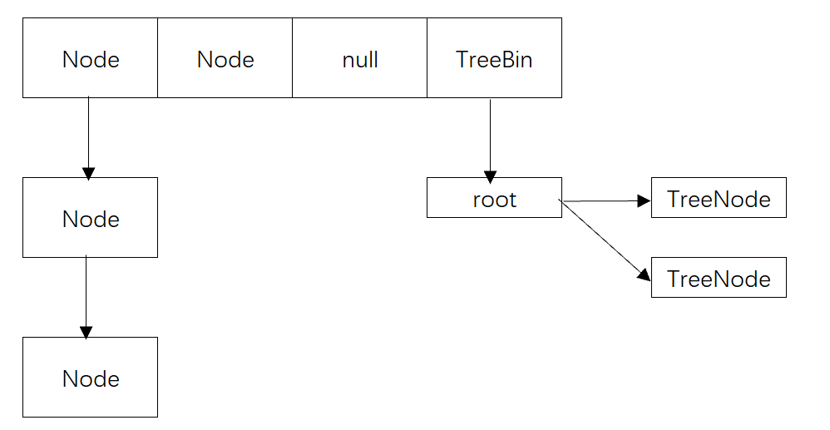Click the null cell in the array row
coord(359,58)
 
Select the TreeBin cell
coord(494,58)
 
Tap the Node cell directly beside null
coord(225,58)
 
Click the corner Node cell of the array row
coord(90,58)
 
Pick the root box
coord(494,198)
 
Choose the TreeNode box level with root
coord(719,198)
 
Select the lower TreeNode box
coord(719,278)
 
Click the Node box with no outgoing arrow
coord(90,378)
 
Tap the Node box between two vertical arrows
coord(90,218)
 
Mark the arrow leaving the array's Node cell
coord(88,133)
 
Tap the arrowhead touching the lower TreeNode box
coord(643,274)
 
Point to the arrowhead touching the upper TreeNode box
coord(643,200)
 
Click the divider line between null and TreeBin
coord(427,58)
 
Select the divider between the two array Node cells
coord(157,58)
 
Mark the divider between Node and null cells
coord(292,58)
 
